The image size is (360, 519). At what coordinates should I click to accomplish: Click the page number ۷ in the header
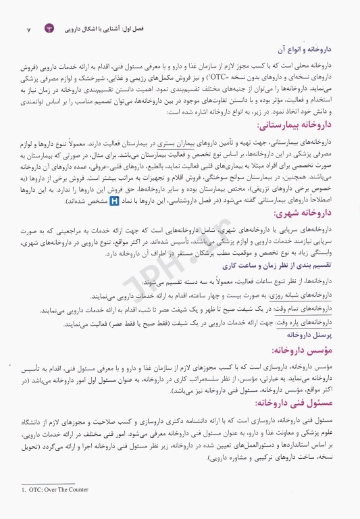[x=28, y=30]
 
